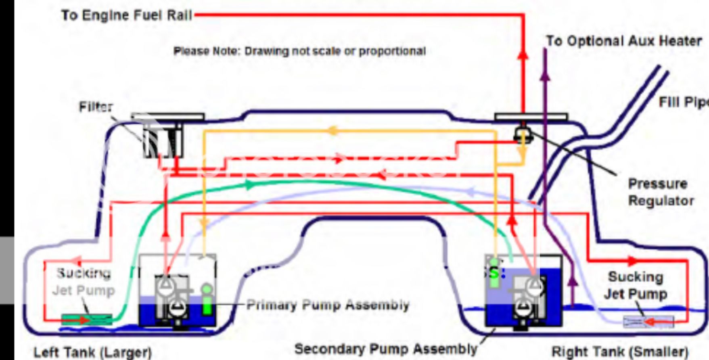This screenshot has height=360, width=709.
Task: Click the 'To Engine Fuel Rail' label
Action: coord(126,15)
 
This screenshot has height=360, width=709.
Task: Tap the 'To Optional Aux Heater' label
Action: coord(624,41)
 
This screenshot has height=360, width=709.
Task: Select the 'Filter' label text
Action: coord(96,107)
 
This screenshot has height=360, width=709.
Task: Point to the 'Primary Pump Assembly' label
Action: coord(328,305)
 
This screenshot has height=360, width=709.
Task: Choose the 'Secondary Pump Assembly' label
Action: coord(385,349)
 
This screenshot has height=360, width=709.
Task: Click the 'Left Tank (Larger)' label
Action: coord(92,352)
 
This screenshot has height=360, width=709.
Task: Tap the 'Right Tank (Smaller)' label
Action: coord(620,352)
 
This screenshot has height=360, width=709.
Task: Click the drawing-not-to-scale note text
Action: coord(299,51)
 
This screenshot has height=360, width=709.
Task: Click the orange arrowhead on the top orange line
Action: coord(332,130)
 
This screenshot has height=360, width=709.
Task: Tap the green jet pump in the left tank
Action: coord(87,320)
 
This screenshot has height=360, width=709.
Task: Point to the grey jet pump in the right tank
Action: coord(648,322)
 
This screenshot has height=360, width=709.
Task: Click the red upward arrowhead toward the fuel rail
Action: coord(523,54)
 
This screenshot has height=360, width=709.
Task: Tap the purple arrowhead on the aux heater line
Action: coord(545,75)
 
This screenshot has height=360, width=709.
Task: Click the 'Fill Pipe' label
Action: coord(684,103)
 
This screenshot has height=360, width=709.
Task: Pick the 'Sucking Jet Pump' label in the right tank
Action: coord(636,285)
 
